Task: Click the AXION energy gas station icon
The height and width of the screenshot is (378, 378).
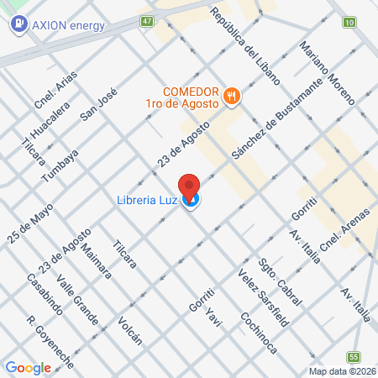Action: point(17,24)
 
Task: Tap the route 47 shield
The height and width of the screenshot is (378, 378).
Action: point(147,20)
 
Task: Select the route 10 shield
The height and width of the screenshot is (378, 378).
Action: point(349,21)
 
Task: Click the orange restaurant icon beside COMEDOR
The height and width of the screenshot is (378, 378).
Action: point(233,97)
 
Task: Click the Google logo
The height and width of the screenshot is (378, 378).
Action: point(28,367)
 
